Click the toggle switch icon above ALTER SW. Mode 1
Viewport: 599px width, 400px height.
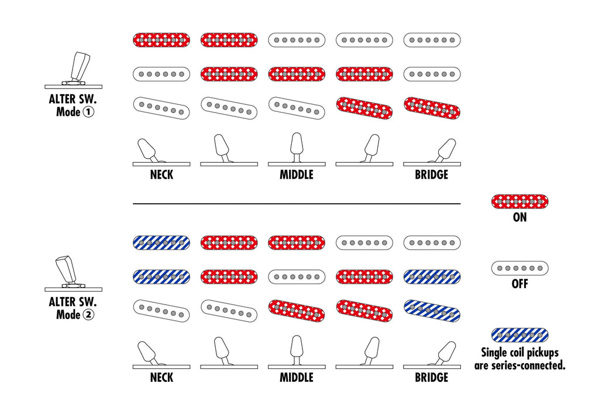[74, 70]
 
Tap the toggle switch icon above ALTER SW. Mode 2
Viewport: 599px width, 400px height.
[74, 273]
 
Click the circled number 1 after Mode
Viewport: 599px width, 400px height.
[88, 112]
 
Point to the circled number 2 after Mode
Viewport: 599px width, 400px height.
[88, 314]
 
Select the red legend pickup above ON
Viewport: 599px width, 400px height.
[519, 201]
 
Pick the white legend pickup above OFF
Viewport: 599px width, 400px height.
[519, 268]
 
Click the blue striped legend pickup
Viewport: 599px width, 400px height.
[519, 335]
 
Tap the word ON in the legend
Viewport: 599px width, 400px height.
[519, 217]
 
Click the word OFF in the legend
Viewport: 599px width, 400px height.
[519, 283]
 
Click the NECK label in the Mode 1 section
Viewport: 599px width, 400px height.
[161, 175]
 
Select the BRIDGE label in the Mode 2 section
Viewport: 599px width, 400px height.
[432, 377]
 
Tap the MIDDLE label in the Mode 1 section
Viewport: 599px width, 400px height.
[297, 175]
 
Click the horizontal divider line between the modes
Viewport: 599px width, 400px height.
[297, 204]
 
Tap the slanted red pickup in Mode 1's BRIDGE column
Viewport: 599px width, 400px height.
[432, 108]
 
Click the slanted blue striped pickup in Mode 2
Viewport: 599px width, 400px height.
[432, 310]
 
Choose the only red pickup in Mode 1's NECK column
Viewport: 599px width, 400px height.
[161, 40]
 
